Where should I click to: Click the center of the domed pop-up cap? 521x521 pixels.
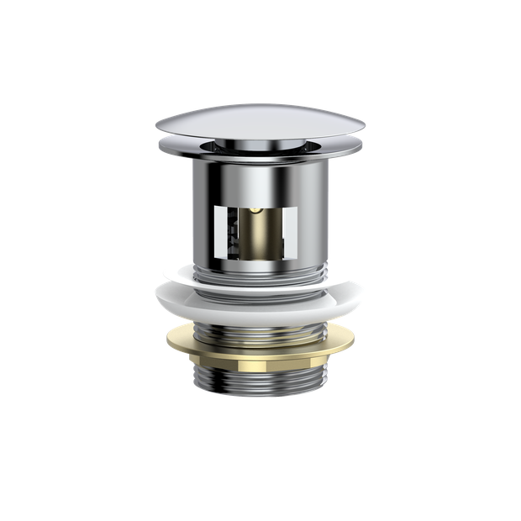[x=260, y=122]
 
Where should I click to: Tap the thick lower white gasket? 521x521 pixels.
[x=260, y=298]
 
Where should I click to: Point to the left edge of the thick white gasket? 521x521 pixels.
[x=155, y=297]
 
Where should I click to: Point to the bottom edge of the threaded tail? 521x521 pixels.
[x=260, y=400]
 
